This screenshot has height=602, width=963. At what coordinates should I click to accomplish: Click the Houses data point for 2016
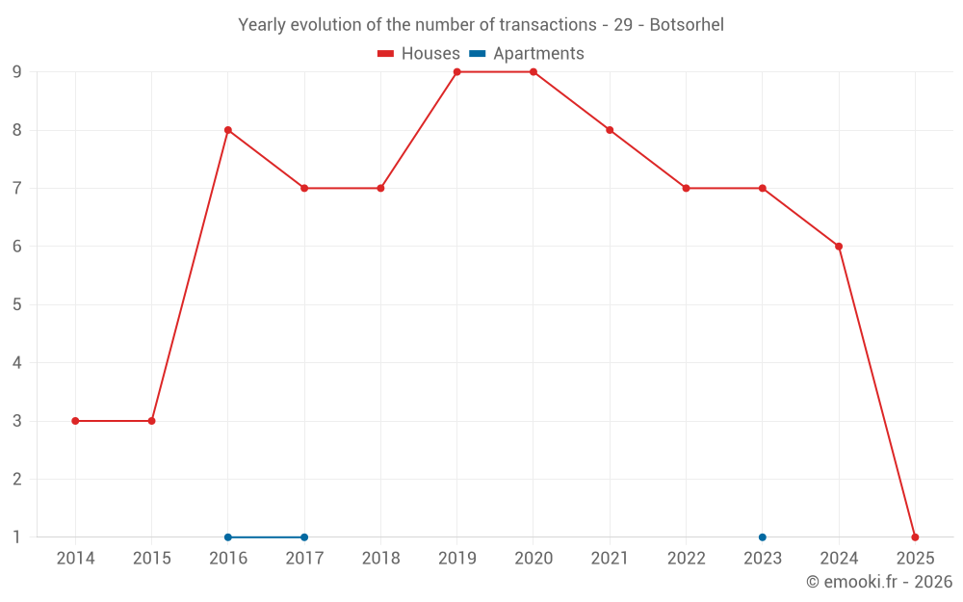point(228,130)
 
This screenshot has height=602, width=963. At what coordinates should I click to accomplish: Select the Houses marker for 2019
point(456,72)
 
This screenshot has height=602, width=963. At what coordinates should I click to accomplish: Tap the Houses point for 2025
point(915,537)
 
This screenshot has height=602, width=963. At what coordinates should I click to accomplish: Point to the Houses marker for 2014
point(75,421)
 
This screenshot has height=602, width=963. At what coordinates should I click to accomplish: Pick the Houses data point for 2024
point(839,247)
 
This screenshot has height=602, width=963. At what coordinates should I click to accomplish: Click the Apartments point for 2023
point(763,537)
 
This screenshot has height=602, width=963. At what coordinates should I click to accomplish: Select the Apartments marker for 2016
point(228,537)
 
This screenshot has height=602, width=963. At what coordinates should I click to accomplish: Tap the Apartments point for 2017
point(304,537)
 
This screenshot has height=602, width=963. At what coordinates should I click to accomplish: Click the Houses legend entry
point(419,54)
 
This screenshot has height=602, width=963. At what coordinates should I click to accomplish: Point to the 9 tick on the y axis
point(17,72)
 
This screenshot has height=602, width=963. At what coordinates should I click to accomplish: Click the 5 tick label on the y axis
point(17,304)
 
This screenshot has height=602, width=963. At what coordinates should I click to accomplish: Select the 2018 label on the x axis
point(380,559)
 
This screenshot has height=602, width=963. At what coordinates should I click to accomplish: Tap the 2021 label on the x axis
point(610,559)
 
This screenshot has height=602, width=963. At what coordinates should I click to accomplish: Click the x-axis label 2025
point(915,559)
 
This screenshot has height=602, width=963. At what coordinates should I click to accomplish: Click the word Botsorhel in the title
point(687,25)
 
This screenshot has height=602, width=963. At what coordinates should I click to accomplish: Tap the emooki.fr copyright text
point(878,582)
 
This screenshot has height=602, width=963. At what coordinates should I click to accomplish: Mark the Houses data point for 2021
point(610,130)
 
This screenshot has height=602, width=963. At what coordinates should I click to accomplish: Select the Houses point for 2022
point(686,188)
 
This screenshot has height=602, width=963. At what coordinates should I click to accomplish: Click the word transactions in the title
point(549,25)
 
